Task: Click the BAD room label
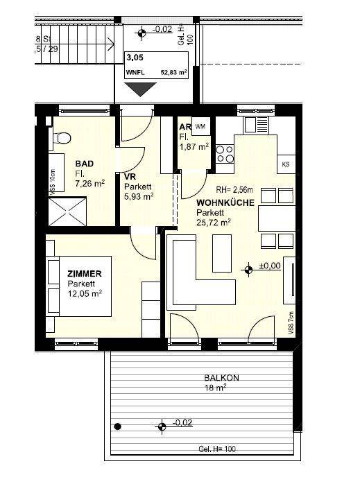84,164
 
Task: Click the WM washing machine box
200,126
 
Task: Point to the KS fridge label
286,164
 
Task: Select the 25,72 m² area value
214,223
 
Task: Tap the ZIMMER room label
85,274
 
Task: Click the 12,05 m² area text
85,293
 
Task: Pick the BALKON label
221,378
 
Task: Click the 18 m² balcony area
214,389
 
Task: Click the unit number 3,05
134,59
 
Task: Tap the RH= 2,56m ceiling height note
233,189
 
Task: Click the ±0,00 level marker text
269,265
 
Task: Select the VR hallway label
128,176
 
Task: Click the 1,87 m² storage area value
194,146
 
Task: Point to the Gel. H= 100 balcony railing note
217,449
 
